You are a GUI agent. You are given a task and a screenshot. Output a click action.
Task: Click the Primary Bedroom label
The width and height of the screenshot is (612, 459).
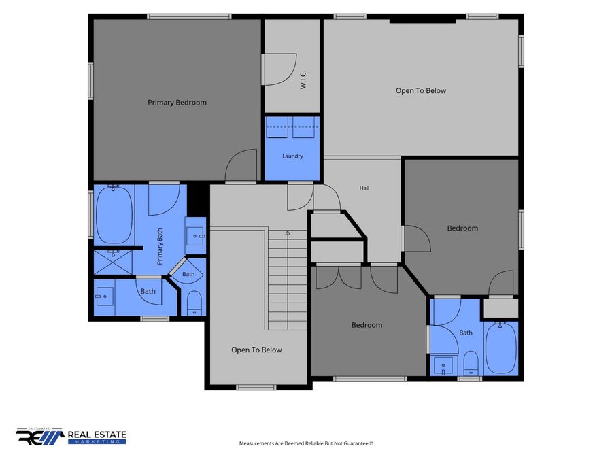pos(177,103)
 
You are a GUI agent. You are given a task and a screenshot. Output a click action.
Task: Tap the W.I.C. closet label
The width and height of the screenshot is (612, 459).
pos(303,80)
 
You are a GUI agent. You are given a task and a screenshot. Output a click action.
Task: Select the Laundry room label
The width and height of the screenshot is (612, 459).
pos(292,156)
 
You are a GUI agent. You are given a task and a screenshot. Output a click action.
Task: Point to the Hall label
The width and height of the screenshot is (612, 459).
pos(364,188)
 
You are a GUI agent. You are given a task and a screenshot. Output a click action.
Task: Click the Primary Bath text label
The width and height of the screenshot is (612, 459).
pos(160,247)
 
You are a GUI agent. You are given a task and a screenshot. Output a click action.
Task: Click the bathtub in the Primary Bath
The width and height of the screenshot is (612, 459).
pos(114,215)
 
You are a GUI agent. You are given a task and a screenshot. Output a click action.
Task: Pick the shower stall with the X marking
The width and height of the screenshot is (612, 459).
pos(113,262)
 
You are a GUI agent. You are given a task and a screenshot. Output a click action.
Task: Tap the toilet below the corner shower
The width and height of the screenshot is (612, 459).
pos(194,303)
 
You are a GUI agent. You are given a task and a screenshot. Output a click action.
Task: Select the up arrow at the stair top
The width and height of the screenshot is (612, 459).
pos(288,233)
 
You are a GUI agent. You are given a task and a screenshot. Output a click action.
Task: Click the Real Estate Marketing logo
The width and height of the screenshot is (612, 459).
pos(71,437)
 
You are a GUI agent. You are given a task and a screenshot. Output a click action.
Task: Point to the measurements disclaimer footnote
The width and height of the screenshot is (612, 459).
pos(306,443)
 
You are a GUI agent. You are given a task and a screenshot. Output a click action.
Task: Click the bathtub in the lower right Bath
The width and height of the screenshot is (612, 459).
pos(500,347)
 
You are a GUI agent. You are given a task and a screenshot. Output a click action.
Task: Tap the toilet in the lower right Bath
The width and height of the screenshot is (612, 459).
pos(471,362)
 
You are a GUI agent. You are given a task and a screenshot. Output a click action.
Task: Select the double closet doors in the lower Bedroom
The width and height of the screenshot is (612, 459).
pos(339,277)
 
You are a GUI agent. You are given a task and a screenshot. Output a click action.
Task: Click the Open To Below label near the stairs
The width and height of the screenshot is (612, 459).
pos(256,350)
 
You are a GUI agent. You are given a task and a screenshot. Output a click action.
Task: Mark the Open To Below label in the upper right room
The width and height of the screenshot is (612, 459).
pos(421,91)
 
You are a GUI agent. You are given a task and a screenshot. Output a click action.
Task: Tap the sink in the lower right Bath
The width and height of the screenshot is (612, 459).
pos(443,366)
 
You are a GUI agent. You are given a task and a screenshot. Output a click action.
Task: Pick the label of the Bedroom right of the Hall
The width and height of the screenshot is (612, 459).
pos(462,228)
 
